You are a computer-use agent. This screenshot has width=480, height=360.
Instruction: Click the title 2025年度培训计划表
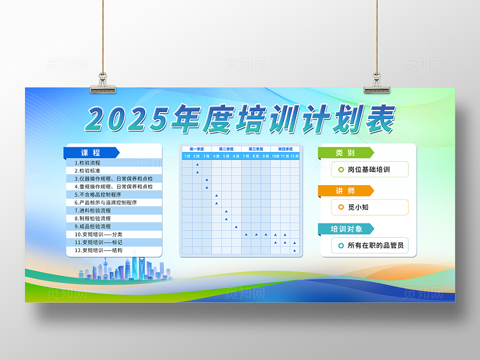[240, 119]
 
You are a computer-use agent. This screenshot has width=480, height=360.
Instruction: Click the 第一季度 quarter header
[197, 149]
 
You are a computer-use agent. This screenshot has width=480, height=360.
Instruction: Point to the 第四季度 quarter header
[285, 149]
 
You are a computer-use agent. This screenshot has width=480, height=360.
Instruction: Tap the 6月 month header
[236, 156]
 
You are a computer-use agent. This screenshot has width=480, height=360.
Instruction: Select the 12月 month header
[294, 156]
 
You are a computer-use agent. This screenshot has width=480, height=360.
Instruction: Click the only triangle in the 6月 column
[236, 226]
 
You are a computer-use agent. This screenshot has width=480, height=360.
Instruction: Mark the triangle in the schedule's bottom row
[294, 250]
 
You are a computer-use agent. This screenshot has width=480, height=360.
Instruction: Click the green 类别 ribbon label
[345, 153]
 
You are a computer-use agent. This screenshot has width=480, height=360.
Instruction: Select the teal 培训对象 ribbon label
[345, 229]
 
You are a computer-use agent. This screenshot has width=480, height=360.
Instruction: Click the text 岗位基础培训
[369, 170]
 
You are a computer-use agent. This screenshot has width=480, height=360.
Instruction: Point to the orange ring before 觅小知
[341, 207]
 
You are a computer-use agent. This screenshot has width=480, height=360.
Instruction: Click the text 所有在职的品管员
[375, 246]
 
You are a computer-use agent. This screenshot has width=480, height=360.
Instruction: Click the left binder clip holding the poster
[103, 83]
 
